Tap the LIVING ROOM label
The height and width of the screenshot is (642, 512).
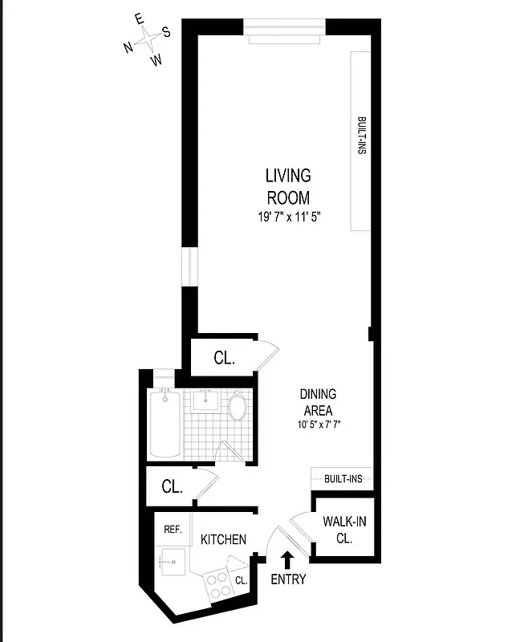[287, 186]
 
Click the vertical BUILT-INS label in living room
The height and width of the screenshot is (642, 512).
[361, 136]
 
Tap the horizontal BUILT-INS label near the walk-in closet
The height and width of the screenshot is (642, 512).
[343, 479]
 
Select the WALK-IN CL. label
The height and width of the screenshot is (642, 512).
[345, 530]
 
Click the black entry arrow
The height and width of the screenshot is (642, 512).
[287, 559]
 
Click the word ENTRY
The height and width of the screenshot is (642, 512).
[287, 579]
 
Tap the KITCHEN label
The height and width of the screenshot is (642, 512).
[223, 539]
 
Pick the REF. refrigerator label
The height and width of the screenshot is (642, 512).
[173, 530]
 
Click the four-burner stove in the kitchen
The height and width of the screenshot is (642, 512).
[218, 584]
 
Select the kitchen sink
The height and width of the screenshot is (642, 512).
[172, 559]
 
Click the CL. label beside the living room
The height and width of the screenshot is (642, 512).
[224, 359]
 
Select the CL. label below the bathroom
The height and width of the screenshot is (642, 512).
[172, 486]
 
